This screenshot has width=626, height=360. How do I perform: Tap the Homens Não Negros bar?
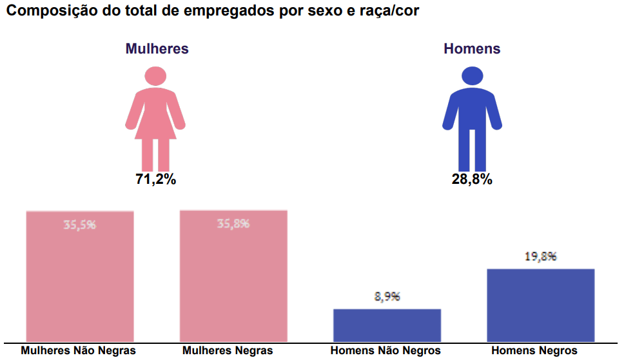point(387,325)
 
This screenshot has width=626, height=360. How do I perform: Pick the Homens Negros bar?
point(540,305)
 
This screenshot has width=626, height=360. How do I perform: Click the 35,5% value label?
point(80,225)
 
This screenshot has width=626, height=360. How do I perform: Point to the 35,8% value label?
point(233,224)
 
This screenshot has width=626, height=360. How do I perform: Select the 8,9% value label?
point(387,297)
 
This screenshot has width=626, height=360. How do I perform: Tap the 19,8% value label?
point(540,256)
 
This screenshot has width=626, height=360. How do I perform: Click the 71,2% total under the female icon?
point(155,179)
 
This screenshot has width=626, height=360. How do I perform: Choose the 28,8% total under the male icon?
point(472,179)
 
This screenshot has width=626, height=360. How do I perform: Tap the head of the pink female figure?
point(155,76)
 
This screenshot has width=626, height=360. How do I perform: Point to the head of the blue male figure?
point(472,76)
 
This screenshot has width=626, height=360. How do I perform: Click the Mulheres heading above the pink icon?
point(157,49)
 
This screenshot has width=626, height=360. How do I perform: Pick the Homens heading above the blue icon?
point(472,49)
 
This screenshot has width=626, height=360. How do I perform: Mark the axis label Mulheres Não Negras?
point(79,351)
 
